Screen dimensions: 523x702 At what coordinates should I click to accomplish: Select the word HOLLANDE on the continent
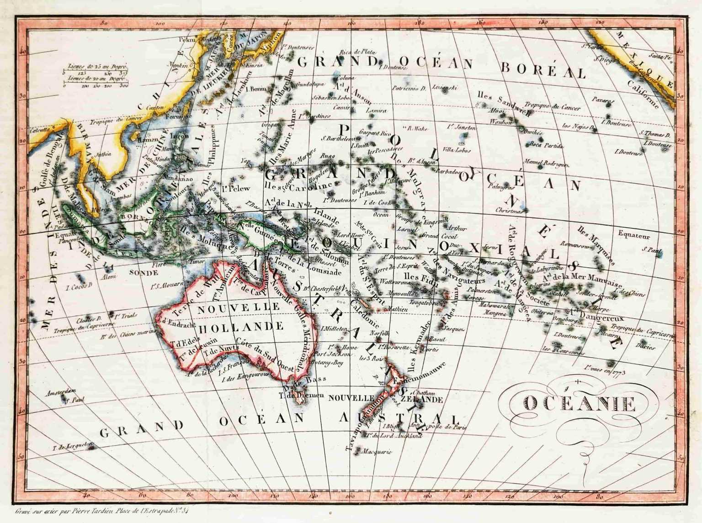241,327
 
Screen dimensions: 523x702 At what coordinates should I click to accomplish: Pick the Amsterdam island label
61,392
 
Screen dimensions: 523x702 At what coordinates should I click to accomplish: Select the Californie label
643,95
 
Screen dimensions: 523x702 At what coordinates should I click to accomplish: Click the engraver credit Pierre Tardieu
101,511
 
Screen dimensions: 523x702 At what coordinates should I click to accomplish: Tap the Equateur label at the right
633,236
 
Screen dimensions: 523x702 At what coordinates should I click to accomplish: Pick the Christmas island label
509,211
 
